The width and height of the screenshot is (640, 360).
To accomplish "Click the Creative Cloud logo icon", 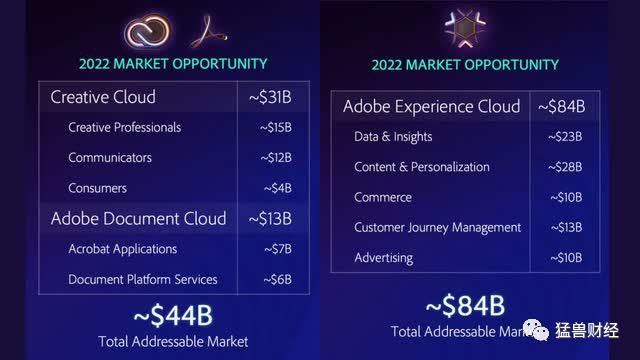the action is [147, 31].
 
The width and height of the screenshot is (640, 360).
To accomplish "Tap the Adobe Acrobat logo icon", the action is [208, 31].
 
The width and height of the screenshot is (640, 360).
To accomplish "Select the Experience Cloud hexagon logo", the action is [465, 28].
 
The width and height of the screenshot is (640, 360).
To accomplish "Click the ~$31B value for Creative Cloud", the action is [270, 97].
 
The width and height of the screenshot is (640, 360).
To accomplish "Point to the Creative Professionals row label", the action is [124, 127].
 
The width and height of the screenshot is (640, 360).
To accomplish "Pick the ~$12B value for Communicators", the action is [276, 158].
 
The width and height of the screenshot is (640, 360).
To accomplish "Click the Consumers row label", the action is [97, 188].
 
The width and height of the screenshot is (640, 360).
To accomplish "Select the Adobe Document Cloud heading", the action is [138, 218].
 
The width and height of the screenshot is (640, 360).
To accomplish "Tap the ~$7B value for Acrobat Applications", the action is [278, 249].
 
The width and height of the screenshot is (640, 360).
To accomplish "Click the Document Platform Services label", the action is [143, 280].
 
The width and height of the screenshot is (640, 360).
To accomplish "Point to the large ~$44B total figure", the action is [173, 316].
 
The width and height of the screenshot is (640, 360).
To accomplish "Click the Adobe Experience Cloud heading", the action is [431, 107].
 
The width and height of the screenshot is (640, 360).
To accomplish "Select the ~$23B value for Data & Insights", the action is [565, 136].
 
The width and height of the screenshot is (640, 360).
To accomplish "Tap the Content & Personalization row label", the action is [422, 167].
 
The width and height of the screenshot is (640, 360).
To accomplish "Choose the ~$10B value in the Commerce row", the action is [566, 197].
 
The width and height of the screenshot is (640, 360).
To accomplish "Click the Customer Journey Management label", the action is [438, 228].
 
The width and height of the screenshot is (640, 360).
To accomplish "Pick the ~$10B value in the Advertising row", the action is [566, 258].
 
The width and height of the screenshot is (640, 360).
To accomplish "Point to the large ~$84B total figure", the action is [465, 306].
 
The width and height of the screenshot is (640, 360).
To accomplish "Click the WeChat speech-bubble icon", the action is [536, 329].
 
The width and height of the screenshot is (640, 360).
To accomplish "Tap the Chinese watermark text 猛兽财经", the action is [587, 330].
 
